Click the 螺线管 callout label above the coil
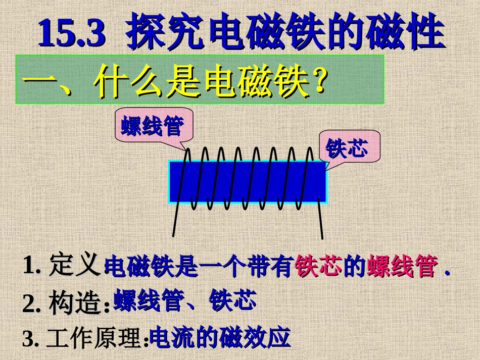coord(152,125)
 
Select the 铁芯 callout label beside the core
coord(346,147)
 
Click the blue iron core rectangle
coord(248,182)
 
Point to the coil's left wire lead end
coord(173,236)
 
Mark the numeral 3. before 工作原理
coord(31,339)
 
